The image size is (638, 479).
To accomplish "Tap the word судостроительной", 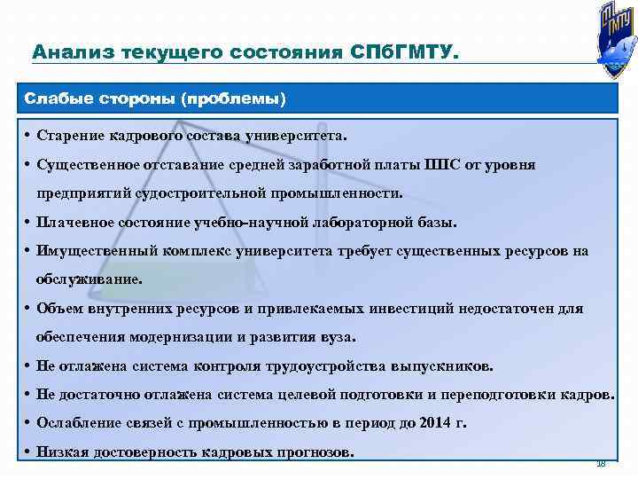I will coord(187,192).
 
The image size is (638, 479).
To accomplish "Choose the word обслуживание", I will coord(88,279).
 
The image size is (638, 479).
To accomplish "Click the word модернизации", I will coord(183,336).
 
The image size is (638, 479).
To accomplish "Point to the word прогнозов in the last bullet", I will coord(315,452).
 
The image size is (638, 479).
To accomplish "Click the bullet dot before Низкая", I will coord(29,452).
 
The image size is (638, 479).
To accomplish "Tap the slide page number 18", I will coord(600,463).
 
